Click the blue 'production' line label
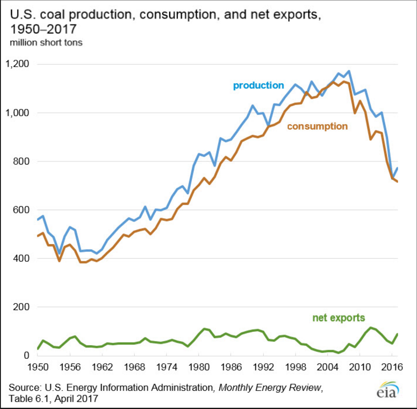pyautogui.click(x=258, y=86)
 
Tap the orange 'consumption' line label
pyautogui.click(x=317, y=126)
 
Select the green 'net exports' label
pyautogui.click(x=338, y=318)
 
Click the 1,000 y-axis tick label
pyautogui.click(x=17, y=113)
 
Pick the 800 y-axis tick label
pyautogui.click(x=21, y=161)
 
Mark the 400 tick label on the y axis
pyautogui.click(x=21, y=258)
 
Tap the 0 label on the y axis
pyautogui.click(x=26, y=355)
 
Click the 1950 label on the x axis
pyautogui.click(x=38, y=367)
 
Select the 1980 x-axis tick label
pyautogui.click(x=199, y=367)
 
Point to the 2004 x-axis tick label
pyautogui.click(x=328, y=367)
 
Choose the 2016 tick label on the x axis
pyautogui.click(x=392, y=367)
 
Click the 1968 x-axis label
pyautogui.click(x=135, y=367)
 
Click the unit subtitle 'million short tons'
pyautogui.click(x=46, y=42)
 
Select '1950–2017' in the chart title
pyautogui.click(x=43, y=29)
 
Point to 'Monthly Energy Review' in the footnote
pyautogui.click(x=270, y=387)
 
